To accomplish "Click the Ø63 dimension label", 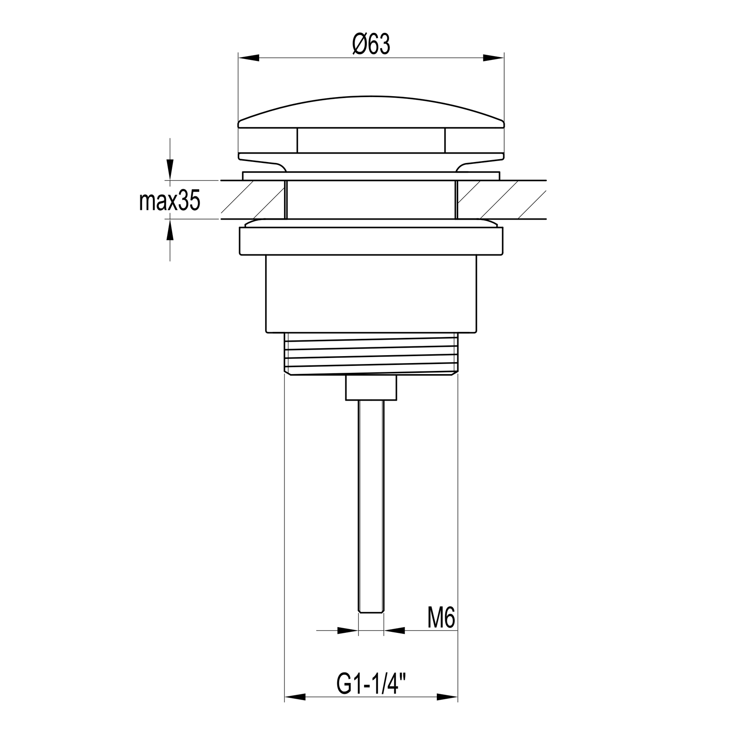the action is (371, 45).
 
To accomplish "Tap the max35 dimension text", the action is (170, 201).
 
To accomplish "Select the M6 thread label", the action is (441, 617).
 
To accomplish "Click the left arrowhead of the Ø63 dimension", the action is (248, 58).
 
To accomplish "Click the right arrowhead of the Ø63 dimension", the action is (494, 58).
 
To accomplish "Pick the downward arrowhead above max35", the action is (170, 169).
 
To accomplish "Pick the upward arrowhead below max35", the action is (170, 229).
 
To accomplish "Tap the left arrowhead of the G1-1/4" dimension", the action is (295, 698).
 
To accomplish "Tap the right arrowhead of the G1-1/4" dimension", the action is (448, 698).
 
